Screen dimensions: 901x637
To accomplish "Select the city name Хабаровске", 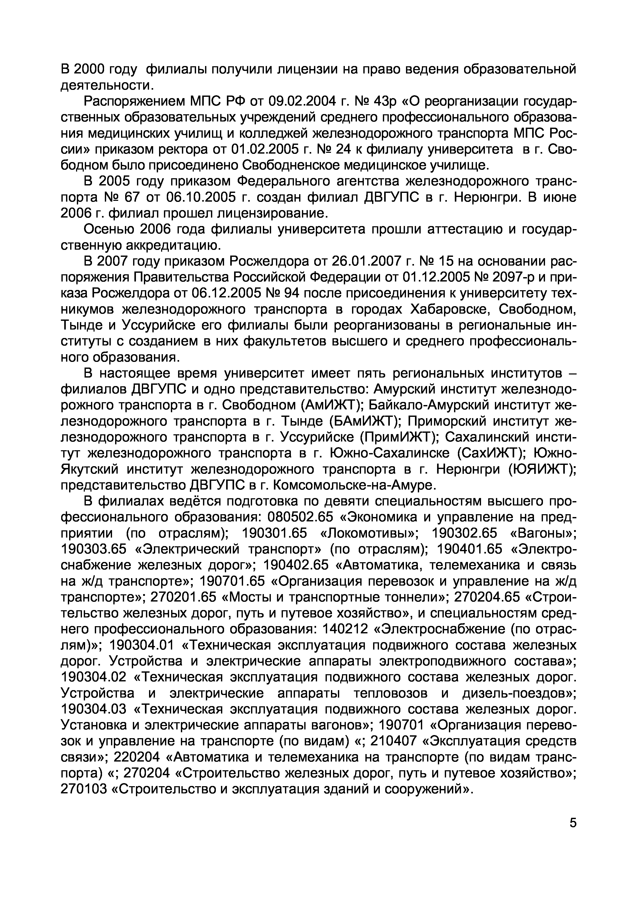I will pos(450,309).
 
